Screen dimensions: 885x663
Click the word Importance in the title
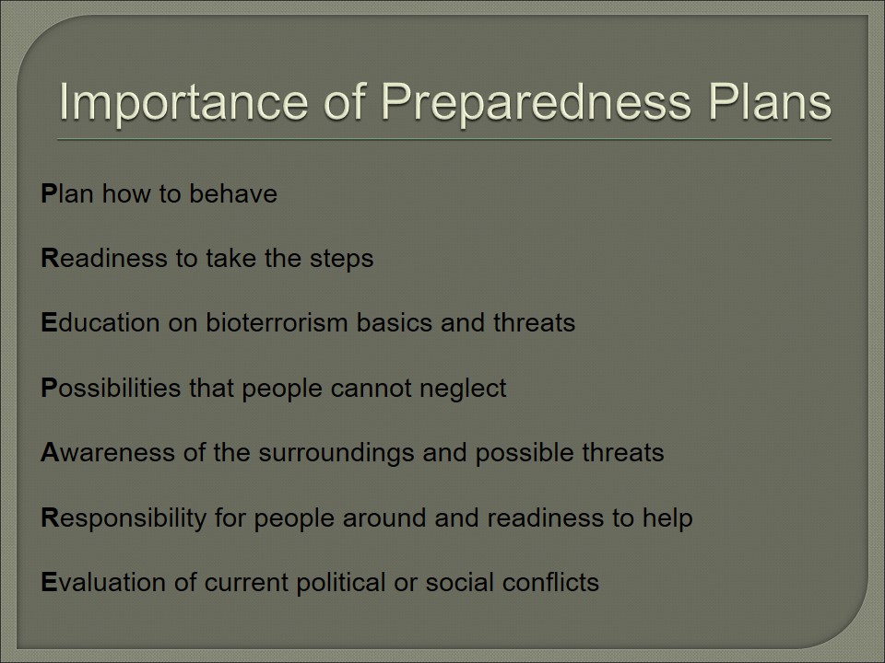tap(184, 103)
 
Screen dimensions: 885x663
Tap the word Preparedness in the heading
tap(536, 103)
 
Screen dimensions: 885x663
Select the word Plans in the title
tap(769, 101)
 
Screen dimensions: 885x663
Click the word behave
tap(233, 193)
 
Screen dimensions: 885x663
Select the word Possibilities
tap(112, 388)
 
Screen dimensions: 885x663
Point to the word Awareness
tap(108, 453)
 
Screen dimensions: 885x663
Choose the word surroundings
tap(336, 454)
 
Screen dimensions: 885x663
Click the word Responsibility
tap(124, 518)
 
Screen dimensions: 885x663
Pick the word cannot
tap(372, 388)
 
